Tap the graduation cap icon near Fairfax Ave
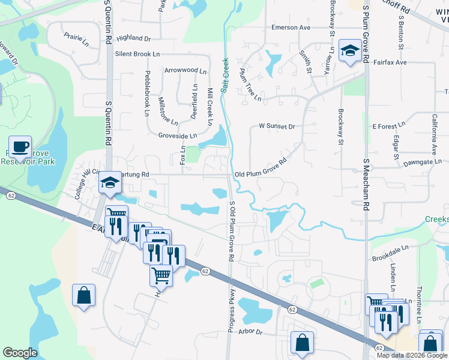[349, 51]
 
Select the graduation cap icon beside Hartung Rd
[110, 182]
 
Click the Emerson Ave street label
[291, 28]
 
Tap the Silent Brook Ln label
[137, 54]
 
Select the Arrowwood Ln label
[185, 70]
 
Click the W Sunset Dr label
[277, 127]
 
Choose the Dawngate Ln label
[423, 161]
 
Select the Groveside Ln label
[178, 136]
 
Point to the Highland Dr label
[134, 38]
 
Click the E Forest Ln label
[389, 127]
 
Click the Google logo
[20, 353]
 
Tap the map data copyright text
[412, 355]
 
